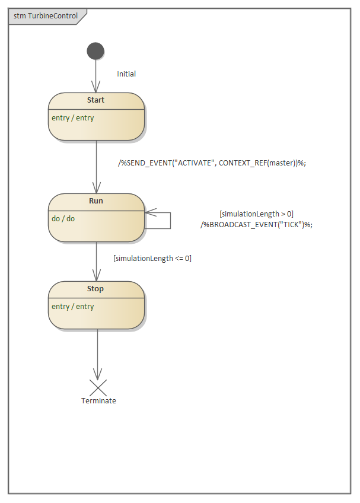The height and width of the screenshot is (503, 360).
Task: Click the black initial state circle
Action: [x=95, y=51]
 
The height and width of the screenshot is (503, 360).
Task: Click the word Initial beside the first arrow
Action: [x=126, y=74]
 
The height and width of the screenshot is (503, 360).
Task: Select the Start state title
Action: [x=95, y=100]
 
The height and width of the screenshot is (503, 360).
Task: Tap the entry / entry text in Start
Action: [x=73, y=118]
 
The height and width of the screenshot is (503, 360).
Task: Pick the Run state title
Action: [x=95, y=201]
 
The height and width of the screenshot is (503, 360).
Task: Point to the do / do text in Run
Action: [x=63, y=218]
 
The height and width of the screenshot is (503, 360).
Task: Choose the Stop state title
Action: [x=95, y=289]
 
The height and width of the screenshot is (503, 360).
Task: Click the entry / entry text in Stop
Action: [x=73, y=307]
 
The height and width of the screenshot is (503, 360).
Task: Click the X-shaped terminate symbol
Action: [x=97, y=388]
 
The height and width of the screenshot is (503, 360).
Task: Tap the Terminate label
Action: [x=98, y=401]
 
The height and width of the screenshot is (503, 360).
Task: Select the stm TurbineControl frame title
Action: [x=46, y=16]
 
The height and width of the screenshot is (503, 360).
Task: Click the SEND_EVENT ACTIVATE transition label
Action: [x=212, y=163]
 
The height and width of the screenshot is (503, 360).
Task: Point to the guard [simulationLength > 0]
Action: [x=256, y=214]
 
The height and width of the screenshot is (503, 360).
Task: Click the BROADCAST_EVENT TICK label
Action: [x=256, y=224]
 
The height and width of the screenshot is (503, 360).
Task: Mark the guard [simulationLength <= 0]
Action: [x=152, y=259]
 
